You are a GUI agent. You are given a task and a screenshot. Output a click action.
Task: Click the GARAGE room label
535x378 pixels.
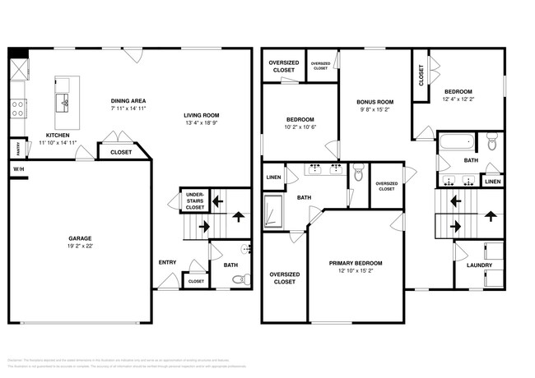click(80, 238)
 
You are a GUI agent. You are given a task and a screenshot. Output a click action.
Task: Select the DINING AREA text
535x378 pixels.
click(130, 101)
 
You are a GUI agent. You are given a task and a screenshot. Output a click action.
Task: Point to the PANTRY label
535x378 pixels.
click(16, 149)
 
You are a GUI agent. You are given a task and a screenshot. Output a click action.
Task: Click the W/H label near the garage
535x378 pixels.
click(18, 169)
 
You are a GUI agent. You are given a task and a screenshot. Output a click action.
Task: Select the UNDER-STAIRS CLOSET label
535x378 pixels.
click(195, 201)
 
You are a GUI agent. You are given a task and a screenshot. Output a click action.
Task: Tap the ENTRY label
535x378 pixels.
click(167, 262)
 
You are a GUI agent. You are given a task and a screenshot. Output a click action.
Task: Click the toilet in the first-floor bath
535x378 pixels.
click(239, 280)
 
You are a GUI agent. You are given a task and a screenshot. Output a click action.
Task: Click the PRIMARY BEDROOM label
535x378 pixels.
click(356, 263)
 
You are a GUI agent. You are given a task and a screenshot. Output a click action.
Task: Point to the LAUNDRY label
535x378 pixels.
click(479, 265)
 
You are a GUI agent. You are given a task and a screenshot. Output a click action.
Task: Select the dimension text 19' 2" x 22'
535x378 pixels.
click(80, 246)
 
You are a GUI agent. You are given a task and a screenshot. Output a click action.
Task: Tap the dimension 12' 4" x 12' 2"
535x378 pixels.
click(458, 99)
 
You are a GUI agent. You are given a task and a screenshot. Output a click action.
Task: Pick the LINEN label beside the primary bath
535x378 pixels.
click(272, 177)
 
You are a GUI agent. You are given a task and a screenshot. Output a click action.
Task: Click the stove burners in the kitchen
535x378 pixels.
click(17, 108)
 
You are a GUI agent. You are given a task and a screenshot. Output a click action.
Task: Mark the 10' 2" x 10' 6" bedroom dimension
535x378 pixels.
click(300, 127)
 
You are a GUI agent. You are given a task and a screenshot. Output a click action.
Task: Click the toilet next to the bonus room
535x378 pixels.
click(358, 173)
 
